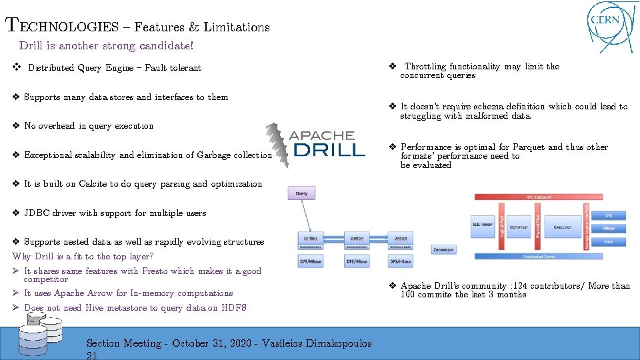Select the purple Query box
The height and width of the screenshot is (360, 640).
click(x=301, y=193)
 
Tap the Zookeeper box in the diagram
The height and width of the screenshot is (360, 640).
click(x=444, y=249)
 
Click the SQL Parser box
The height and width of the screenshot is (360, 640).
click(x=482, y=225)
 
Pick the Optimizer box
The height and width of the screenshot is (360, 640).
click(x=519, y=227)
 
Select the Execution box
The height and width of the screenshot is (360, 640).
click(x=562, y=227)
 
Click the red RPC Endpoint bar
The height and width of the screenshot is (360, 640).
click(x=548, y=197)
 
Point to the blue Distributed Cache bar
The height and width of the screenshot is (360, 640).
click(x=548, y=256)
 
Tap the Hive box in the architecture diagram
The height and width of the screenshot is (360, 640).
click(x=609, y=243)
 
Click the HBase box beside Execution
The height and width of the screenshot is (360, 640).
click(x=609, y=228)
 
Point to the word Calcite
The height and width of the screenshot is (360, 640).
click(x=91, y=184)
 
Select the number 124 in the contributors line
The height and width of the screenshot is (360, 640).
click(x=517, y=286)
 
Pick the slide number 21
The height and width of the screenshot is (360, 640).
click(x=93, y=355)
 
